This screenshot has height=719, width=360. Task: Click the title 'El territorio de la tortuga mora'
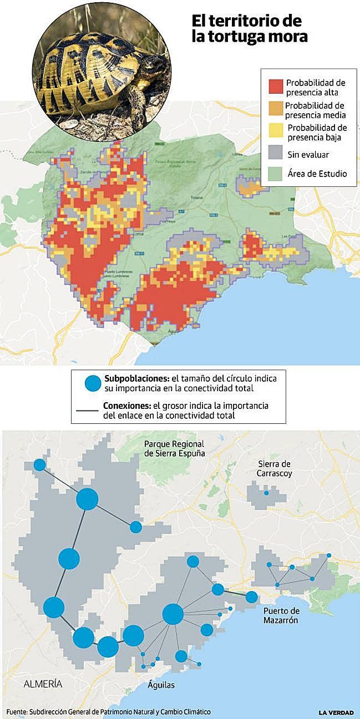[249, 29]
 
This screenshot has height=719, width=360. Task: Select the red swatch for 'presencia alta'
[276, 87]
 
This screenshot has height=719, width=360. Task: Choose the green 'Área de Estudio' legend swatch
[276, 174]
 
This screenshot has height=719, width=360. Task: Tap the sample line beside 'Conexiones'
[87, 411]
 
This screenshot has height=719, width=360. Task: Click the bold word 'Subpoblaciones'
[137, 378]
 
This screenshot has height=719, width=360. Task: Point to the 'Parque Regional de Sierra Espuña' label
[174, 448]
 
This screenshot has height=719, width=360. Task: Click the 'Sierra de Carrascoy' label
[274, 468]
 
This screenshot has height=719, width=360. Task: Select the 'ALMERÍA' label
[43, 684]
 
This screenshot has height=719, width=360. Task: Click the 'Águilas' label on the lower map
[161, 685]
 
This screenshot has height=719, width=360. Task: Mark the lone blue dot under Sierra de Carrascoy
[266, 493]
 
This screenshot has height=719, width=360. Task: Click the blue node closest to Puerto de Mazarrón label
[252, 597]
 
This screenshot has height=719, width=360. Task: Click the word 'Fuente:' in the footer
[17, 712]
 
